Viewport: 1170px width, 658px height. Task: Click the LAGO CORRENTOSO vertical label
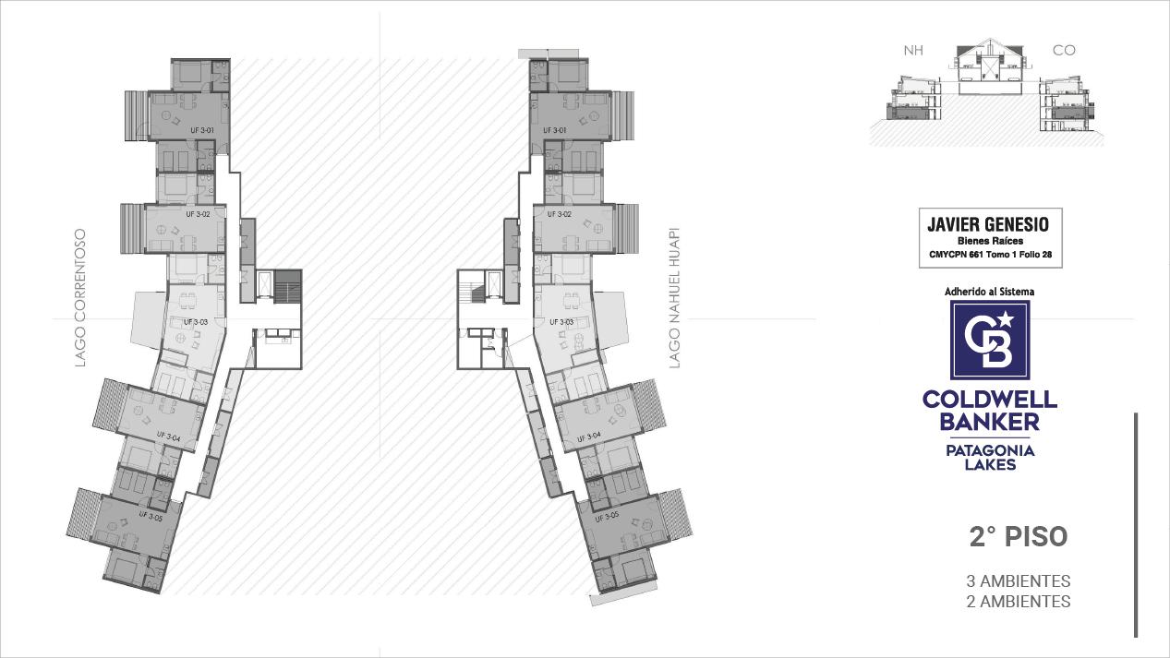(x=80, y=298)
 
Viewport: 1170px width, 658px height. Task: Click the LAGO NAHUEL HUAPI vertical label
(x=675, y=297)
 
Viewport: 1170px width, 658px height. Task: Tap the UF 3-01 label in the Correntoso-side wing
(x=202, y=130)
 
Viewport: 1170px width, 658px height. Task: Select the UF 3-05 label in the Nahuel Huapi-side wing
(x=607, y=517)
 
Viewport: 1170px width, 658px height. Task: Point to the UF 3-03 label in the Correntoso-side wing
(x=196, y=322)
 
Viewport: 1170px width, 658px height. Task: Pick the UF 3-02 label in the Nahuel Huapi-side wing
(x=559, y=214)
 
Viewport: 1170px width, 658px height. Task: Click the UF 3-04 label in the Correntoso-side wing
(x=168, y=437)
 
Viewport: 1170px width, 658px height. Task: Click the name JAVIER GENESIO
(x=988, y=224)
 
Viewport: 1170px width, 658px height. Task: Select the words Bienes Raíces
(x=990, y=241)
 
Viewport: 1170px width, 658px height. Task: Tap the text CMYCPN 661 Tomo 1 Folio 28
(x=990, y=255)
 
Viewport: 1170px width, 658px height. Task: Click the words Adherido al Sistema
(x=989, y=292)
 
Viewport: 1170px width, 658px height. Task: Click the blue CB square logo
(x=990, y=340)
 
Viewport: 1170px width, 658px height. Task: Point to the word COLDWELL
(x=990, y=400)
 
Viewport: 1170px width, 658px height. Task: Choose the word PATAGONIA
(x=990, y=450)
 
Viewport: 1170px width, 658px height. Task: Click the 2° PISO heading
(x=1018, y=537)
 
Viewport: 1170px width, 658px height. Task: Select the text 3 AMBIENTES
(x=1018, y=580)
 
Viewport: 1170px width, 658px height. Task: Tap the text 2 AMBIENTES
(x=1018, y=601)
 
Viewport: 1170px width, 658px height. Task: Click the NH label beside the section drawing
(x=913, y=51)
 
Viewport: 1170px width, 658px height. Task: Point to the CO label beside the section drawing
(x=1064, y=51)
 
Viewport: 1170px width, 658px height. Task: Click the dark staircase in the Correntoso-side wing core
(x=288, y=286)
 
